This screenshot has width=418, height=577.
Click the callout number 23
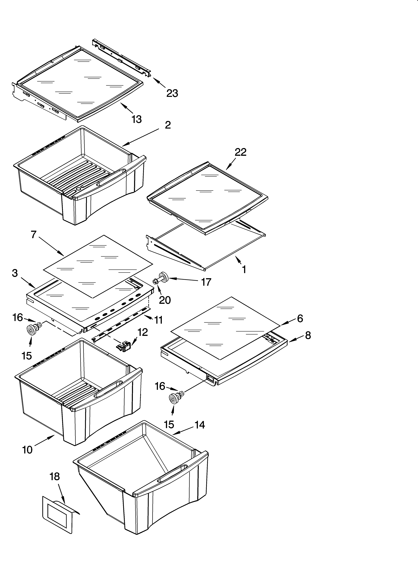[172, 93]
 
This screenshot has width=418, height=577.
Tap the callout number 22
[241, 152]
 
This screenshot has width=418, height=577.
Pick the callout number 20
[165, 300]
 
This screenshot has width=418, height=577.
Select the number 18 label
[54, 477]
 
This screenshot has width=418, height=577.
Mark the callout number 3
[15, 273]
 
